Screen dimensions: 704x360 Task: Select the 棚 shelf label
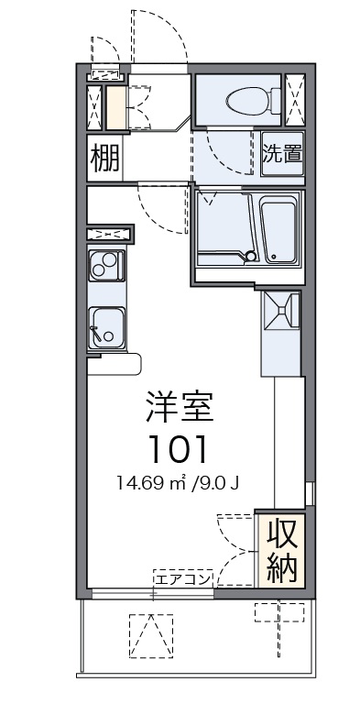[104, 159]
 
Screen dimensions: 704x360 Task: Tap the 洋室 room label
[179, 406]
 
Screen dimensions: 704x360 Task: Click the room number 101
[179, 449]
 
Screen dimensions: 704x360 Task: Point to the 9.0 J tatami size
[221, 482]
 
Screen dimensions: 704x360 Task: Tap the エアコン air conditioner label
[183, 578]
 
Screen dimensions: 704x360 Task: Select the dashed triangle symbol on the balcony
[150, 635]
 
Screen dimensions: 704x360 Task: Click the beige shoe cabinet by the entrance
[115, 108]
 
